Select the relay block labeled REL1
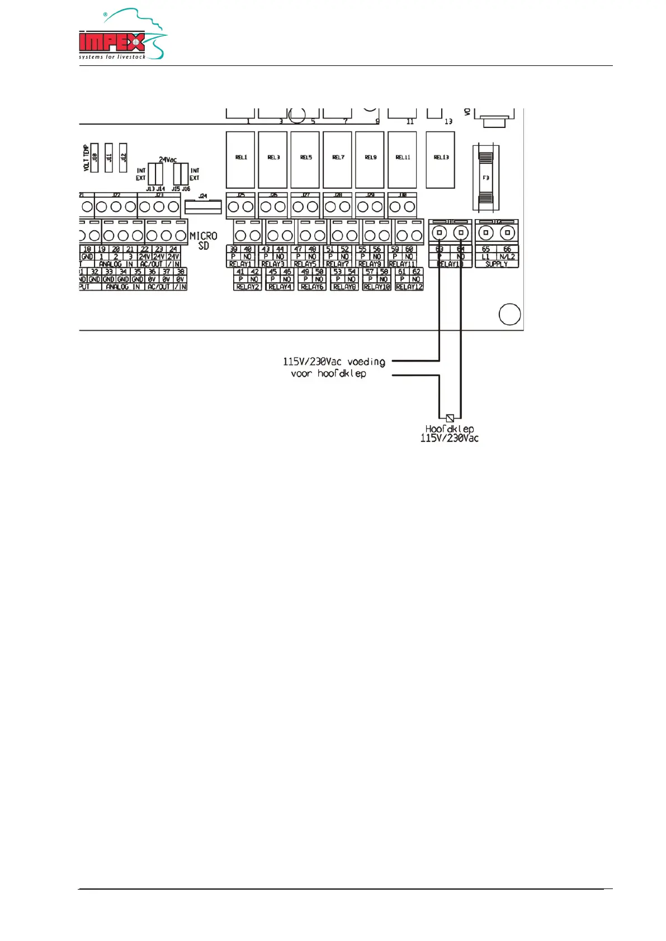(240, 160)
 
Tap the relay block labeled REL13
(441, 160)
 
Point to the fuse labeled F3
(486, 178)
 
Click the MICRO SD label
(204, 241)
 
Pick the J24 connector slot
(203, 207)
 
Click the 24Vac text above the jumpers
(168, 160)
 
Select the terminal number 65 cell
(485, 249)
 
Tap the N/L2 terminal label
(507, 256)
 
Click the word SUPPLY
(497, 264)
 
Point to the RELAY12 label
(409, 287)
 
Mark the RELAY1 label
(240, 264)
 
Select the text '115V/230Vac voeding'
(334, 362)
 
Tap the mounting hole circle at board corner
(509, 314)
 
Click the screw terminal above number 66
(507, 232)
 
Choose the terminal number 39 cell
(234, 249)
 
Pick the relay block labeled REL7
(338, 160)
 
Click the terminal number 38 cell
(181, 272)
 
